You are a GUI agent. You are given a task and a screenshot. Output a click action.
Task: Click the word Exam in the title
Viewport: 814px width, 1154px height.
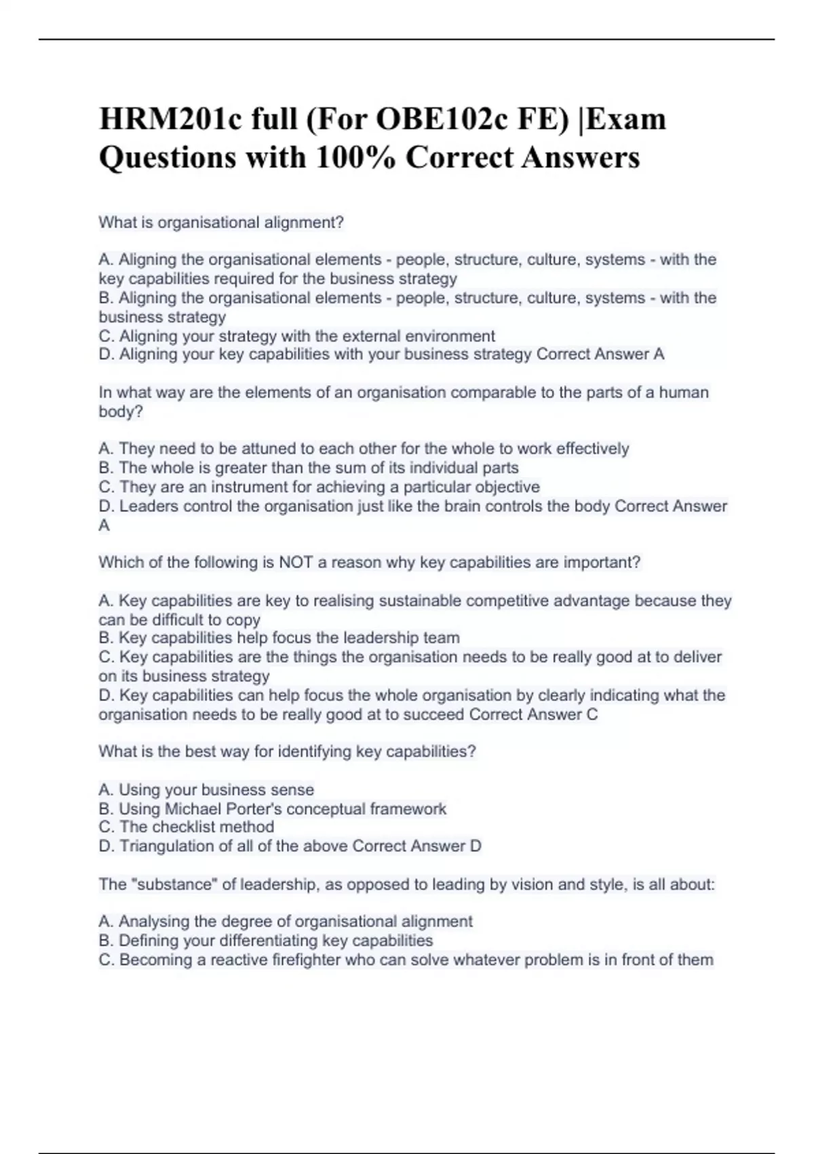(627, 119)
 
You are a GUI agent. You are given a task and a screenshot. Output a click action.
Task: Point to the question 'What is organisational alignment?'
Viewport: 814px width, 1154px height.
(221, 223)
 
